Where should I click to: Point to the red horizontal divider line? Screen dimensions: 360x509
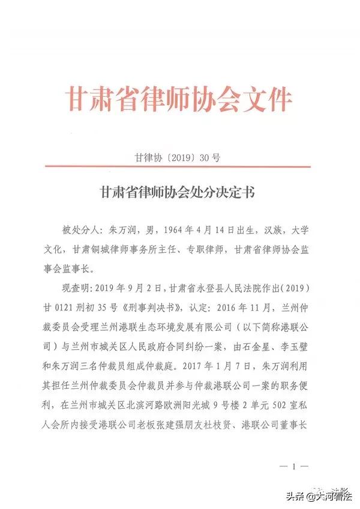pos(180,169)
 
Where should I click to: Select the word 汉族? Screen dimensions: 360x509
pos(254,229)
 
